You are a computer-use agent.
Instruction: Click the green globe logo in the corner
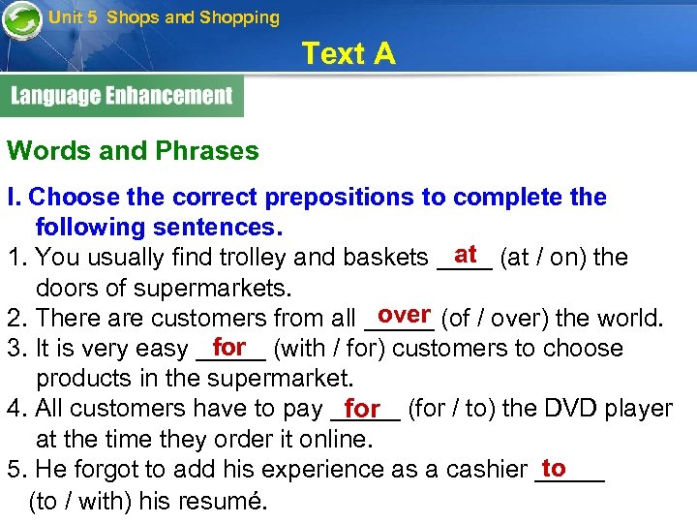pyautogui.click(x=21, y=20)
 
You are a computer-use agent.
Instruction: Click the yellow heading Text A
pyautogui.click(x=348, y=54)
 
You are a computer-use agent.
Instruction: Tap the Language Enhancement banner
pyautogui.click(x=122, y=96)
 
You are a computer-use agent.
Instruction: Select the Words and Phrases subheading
pyautogui.click(x=133, y=151)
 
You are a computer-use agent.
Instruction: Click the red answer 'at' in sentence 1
pyautogui.click(x=466, y=254)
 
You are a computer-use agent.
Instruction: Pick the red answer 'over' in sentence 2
pyautogui.click(x=405, y=315)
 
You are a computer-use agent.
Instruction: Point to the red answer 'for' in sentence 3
pyautogui.click(x=229, y=346)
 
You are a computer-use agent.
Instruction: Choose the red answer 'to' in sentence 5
pyautogui.click(x=554, y=468)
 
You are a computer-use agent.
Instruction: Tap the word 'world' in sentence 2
pyautogui.click(x=628, y=318)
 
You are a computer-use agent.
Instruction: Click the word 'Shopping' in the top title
pyautogui.click(x=239, y=17)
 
